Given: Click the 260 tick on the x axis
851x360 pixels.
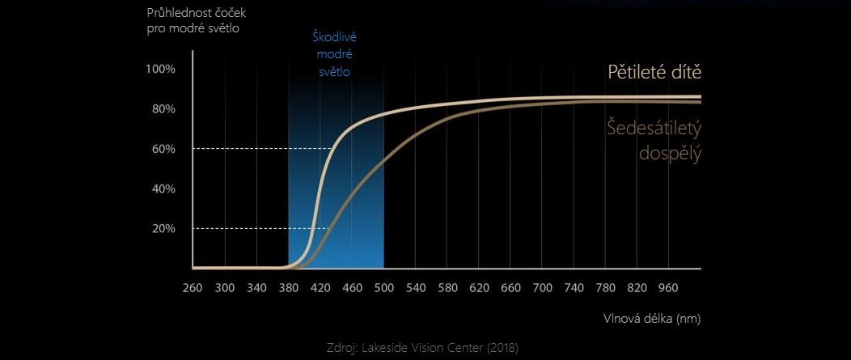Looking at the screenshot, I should pos(193,287).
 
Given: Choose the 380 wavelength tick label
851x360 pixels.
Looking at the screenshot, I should pos(288,287).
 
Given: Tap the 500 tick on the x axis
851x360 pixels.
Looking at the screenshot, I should pos(383,287).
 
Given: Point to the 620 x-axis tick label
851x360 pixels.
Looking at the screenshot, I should pos(479,287).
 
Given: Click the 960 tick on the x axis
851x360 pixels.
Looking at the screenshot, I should pos(669,287).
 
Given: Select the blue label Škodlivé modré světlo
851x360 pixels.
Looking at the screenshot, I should pos(334,53).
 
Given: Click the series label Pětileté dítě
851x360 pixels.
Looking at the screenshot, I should pos(654,72).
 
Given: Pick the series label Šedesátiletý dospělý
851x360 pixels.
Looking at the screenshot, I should pos(654,139).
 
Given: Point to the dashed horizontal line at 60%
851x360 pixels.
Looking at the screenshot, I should pos(259,148).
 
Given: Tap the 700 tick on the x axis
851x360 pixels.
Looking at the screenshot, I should pos(543,287).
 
